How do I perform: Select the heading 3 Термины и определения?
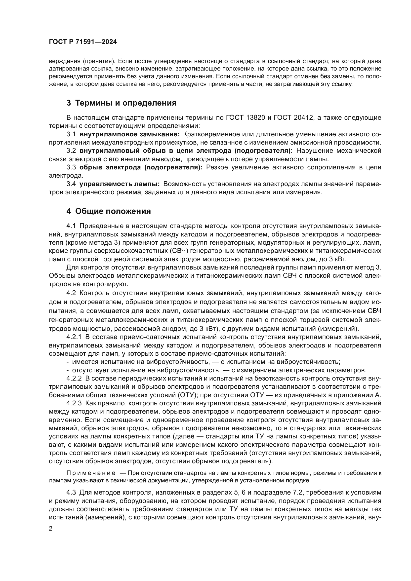pos(121,103)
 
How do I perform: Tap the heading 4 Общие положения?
pos(109,211)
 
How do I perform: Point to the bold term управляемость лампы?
pos(120,184)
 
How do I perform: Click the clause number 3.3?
pos(71,167)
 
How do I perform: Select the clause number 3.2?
pos(71,151)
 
